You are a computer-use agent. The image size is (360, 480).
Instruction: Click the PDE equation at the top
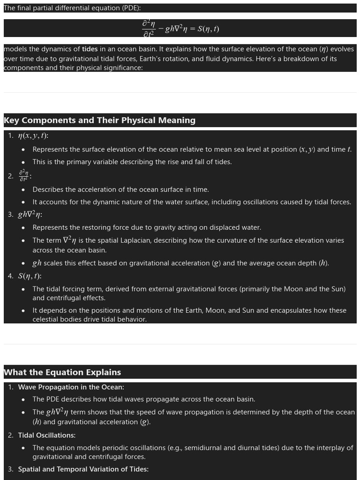180,29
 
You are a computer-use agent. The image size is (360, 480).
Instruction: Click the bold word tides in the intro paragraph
90,49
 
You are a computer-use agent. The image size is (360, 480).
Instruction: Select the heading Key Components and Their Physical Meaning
99,120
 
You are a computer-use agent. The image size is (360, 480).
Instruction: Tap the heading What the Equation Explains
62,373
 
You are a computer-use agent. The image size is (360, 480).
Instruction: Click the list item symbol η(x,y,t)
33,136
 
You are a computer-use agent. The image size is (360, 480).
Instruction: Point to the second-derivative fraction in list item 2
24,176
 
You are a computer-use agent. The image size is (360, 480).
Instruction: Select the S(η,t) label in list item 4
30,276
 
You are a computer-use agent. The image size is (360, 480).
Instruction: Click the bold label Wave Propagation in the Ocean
71,387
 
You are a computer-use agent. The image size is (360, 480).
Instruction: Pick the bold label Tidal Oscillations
46,435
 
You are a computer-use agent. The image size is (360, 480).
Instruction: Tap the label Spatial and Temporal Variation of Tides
83,469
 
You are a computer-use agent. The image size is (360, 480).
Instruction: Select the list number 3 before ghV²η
10,215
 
